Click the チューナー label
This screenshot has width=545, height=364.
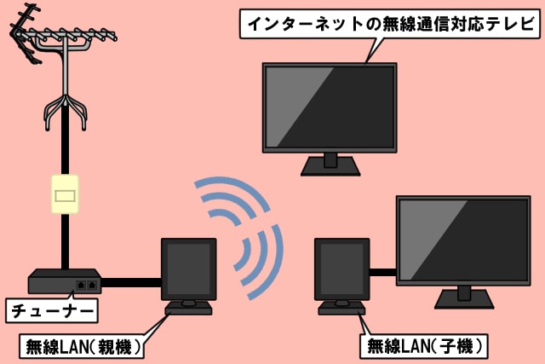(49, 310)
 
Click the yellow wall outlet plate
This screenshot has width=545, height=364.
(65, 195)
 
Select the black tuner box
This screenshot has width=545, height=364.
(65, 282)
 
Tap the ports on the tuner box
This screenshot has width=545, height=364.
(86, 285)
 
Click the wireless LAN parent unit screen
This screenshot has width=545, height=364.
(188, 268)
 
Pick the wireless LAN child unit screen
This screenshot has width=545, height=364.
(341, 268)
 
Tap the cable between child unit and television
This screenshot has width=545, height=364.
(383, 273)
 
